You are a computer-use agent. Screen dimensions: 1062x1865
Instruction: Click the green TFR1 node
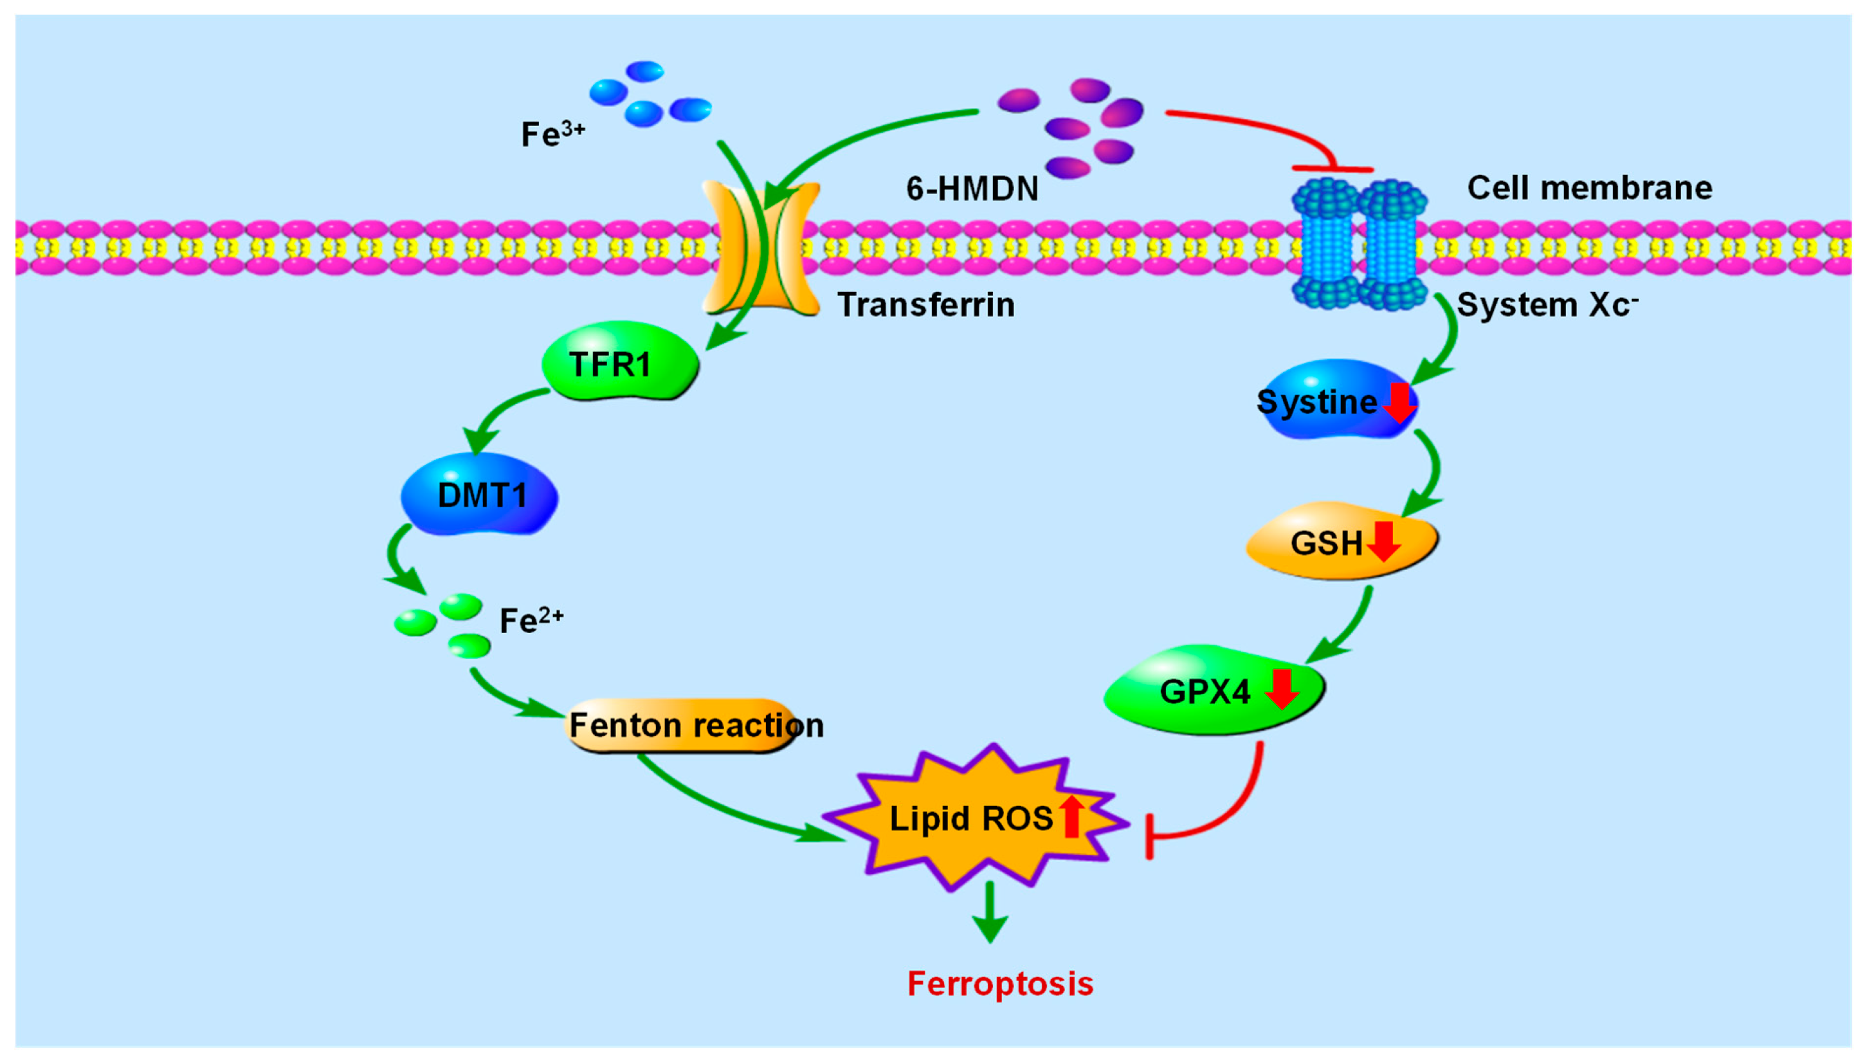pyautogui.click(x=619, y=362)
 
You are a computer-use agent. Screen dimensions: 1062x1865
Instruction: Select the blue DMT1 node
pyautogui.click(x=479, y=495)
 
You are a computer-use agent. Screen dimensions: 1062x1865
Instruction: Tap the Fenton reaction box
pyautogui.click(x=682, y=725)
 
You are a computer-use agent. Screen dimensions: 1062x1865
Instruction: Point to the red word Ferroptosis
pyautogui.click(x=999, y=983)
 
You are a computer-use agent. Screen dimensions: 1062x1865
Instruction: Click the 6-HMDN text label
pyautogui.click(x=972, y=189)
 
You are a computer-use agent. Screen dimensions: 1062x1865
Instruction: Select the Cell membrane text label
pyautogui.click(x=1589, y=187)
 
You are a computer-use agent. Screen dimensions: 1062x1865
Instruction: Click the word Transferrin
pyautogui.click(x=925, y=304)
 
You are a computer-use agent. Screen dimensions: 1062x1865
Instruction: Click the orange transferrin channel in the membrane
pyautogui.click(x=760, y=248)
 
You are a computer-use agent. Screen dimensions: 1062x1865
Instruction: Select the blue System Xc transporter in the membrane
pyautogui.click(x=1358, y=244)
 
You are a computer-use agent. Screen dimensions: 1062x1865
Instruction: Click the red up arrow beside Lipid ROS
pyautogui.click(x=1070, y=816)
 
